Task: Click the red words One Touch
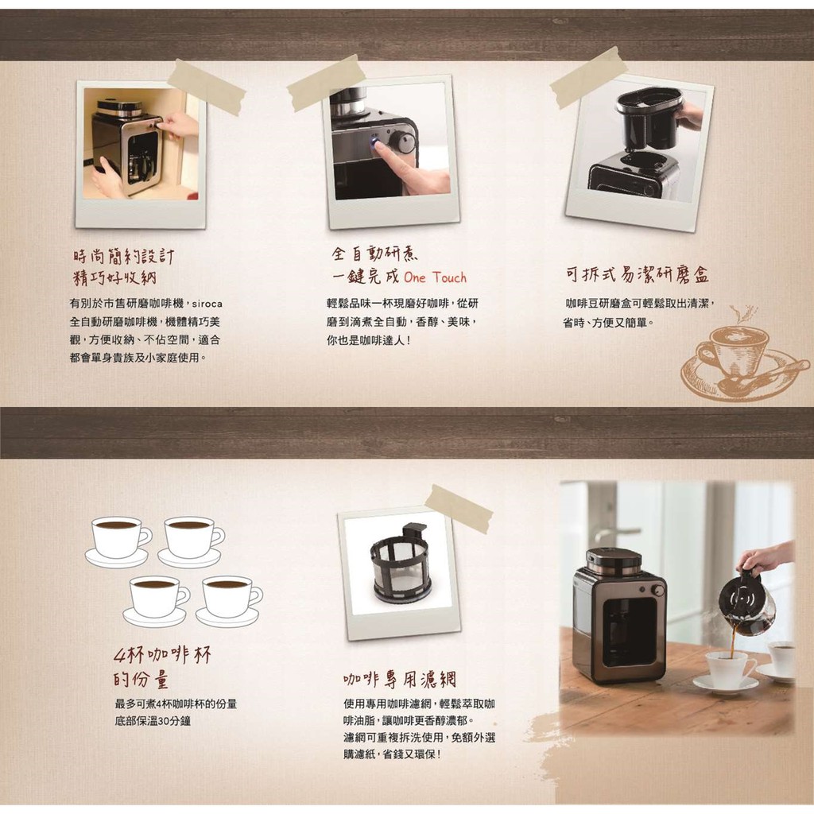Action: click(x=435, y=277)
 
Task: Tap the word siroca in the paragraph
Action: click(x=207, y=304)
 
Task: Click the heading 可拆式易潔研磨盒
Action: click(x=638, y=274)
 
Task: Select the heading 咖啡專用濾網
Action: click(x=400, y=679)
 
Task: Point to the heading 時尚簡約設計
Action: click(x=123, y=256)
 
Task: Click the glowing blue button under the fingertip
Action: click(x=374, y=141)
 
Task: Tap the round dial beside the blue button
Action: click(x=402, y=141)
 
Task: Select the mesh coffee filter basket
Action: click(x=399, y=565)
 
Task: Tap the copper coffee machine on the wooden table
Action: click(x=619, y=615)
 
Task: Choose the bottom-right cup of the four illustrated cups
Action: click(x=229, y=601)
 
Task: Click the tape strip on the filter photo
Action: click(x=459, y=508)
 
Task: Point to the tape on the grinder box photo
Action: click(x=589, y=78)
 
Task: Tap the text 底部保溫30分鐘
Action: click(x=153, y=721)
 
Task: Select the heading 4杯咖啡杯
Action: click(x=162, y=655)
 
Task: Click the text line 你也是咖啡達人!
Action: click(x=369, y=340)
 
